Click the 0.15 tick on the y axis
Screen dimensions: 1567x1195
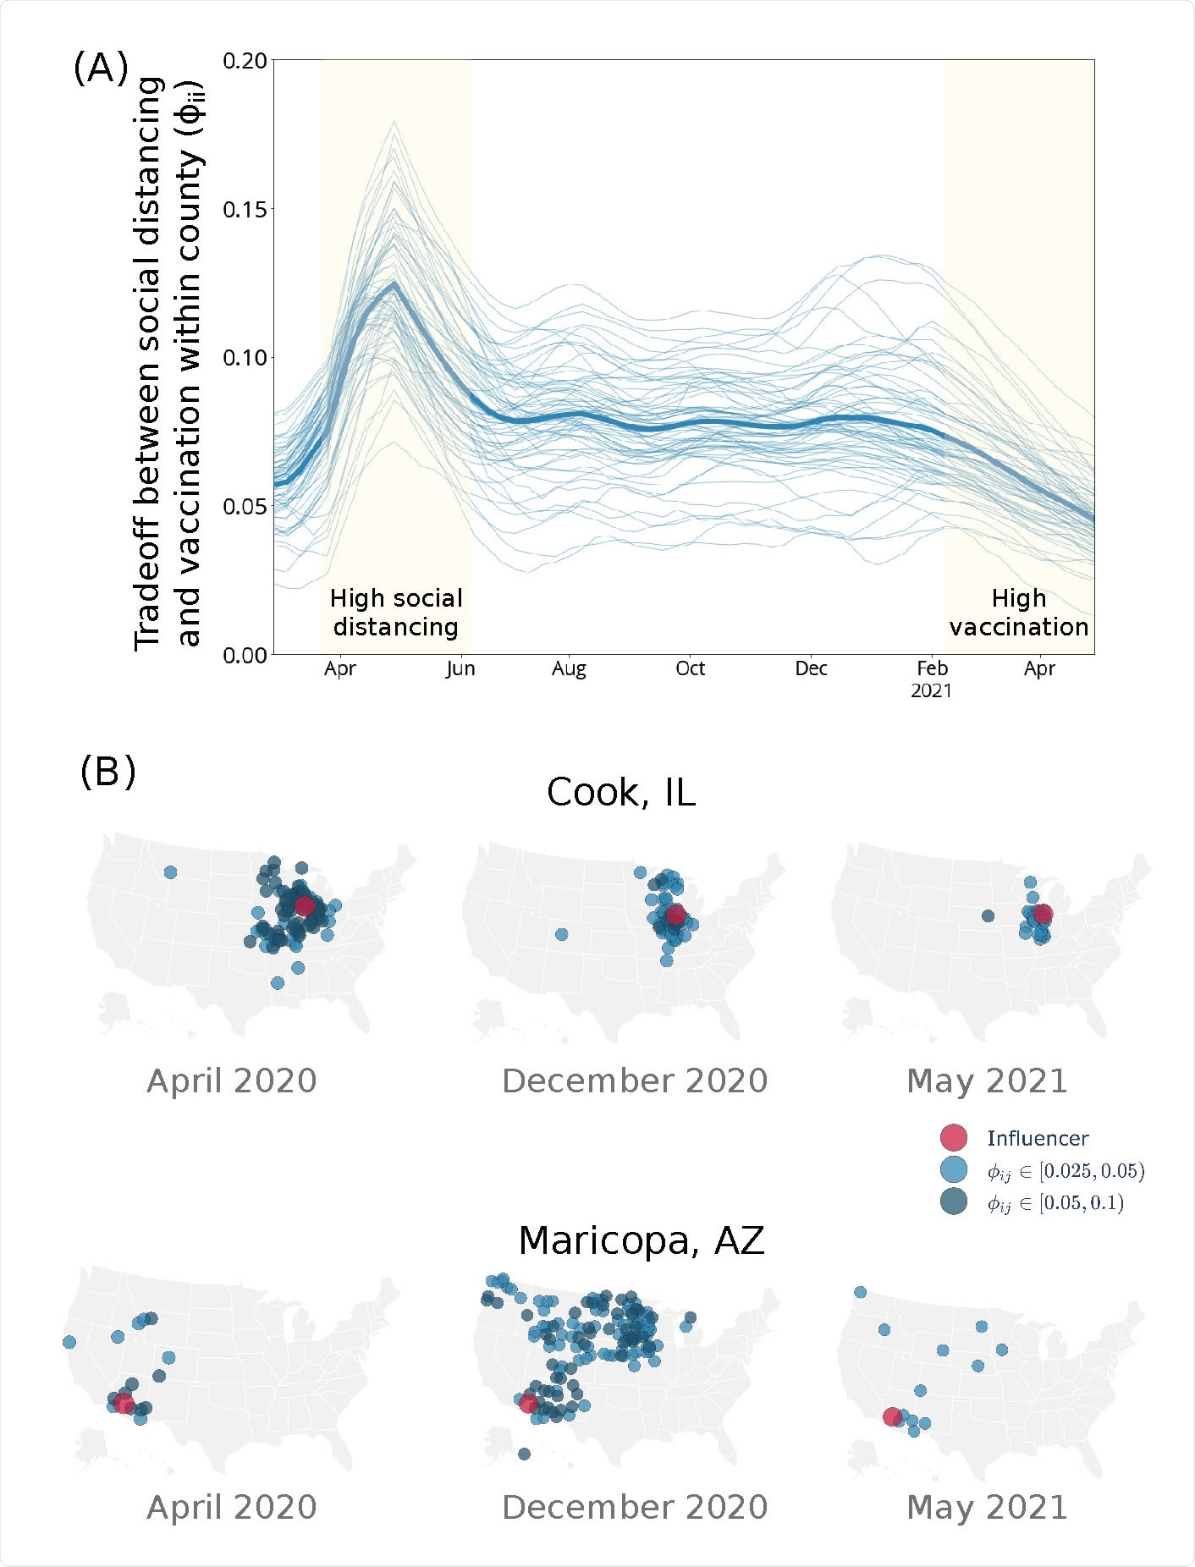[245, 209]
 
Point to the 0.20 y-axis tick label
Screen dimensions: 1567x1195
[245, 61]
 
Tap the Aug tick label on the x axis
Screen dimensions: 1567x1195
[569, 668]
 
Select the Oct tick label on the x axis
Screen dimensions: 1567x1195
[690, 668]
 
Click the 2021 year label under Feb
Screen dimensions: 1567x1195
[931, 691]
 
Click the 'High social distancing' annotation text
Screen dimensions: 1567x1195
[396, 613]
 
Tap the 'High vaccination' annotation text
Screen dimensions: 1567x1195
[1019, 613]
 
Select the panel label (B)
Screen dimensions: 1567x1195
[107, 772]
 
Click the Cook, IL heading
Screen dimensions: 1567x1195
[620, 793]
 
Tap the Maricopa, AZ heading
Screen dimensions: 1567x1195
[641, 1241]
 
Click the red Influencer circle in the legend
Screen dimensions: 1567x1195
[954, 1138]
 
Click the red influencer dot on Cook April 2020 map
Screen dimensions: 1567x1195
[305, 905]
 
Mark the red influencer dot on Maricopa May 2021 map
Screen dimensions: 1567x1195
[892, 1416]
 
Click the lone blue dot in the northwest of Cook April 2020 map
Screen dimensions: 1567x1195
[170, 871]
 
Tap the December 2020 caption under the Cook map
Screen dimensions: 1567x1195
[635, 1081]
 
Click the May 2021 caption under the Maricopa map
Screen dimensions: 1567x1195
[987, 1507]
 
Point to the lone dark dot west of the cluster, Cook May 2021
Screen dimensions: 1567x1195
[988, 915]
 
